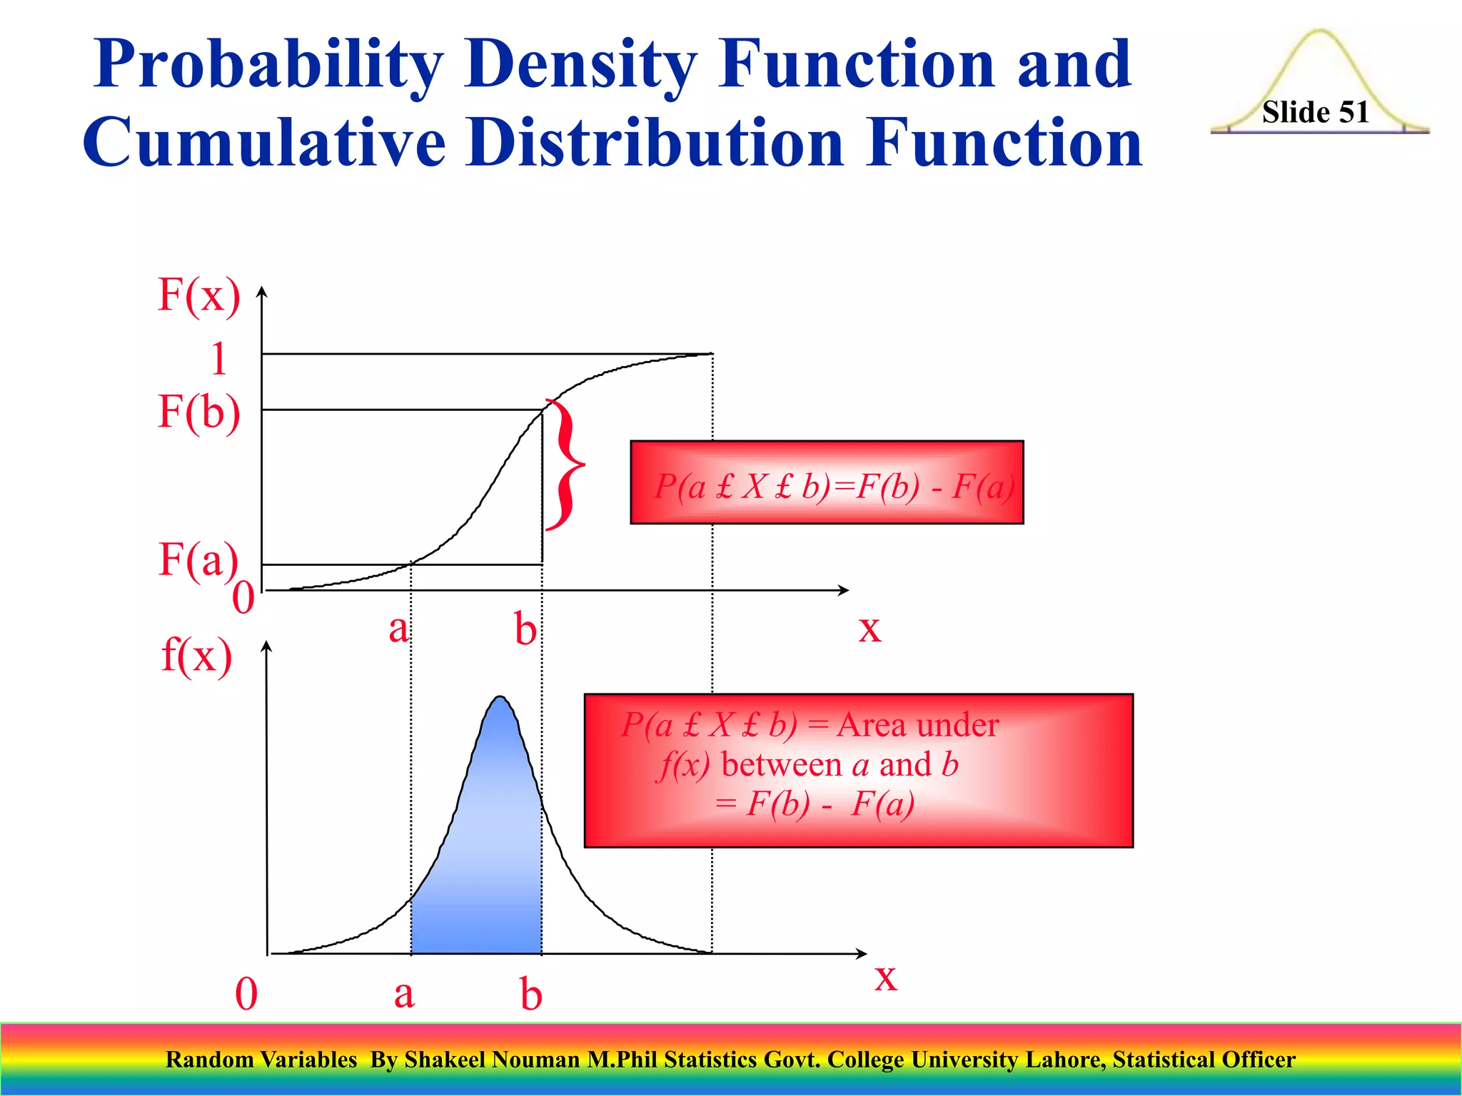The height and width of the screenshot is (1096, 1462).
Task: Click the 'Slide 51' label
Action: [1315, 112]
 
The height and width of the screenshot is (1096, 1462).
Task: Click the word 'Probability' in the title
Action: [268, 66]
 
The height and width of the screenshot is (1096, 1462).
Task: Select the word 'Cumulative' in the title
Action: [264, 143]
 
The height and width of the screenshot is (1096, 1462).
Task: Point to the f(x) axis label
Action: [196, 655]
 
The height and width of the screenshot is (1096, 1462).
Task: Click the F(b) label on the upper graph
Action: [198, 412]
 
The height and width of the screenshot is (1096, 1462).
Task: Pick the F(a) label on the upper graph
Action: [198, 559]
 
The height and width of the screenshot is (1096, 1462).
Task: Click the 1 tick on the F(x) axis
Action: [218, 358]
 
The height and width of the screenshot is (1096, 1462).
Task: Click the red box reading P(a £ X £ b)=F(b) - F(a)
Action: [827, 483]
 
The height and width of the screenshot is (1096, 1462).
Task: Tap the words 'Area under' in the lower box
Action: [917, 725]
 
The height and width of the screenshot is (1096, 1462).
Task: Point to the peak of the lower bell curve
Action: [500, 699]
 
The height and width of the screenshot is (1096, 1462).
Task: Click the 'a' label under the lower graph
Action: [403, 994]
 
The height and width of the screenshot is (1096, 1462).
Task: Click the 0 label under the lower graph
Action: [246, 994]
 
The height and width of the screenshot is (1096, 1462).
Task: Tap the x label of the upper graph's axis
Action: [869, 629]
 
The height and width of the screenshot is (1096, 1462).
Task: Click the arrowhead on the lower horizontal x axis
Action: [862, 953]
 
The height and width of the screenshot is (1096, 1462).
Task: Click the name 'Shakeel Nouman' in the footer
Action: [492, 1060]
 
